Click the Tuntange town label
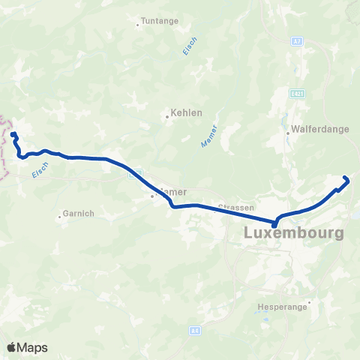point(160,21)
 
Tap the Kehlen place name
point(187,112)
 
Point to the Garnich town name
point(78,214)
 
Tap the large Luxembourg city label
point(294,233)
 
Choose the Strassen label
point(236,208)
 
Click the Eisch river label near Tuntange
point(190,46)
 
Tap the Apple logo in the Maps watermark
point(13,347)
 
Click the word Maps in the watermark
point(33,347)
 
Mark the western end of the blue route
point(13,134)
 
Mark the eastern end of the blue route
point(346,178)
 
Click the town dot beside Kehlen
point(167,116)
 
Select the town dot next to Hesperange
point(308,303)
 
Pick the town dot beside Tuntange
point(138,25)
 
